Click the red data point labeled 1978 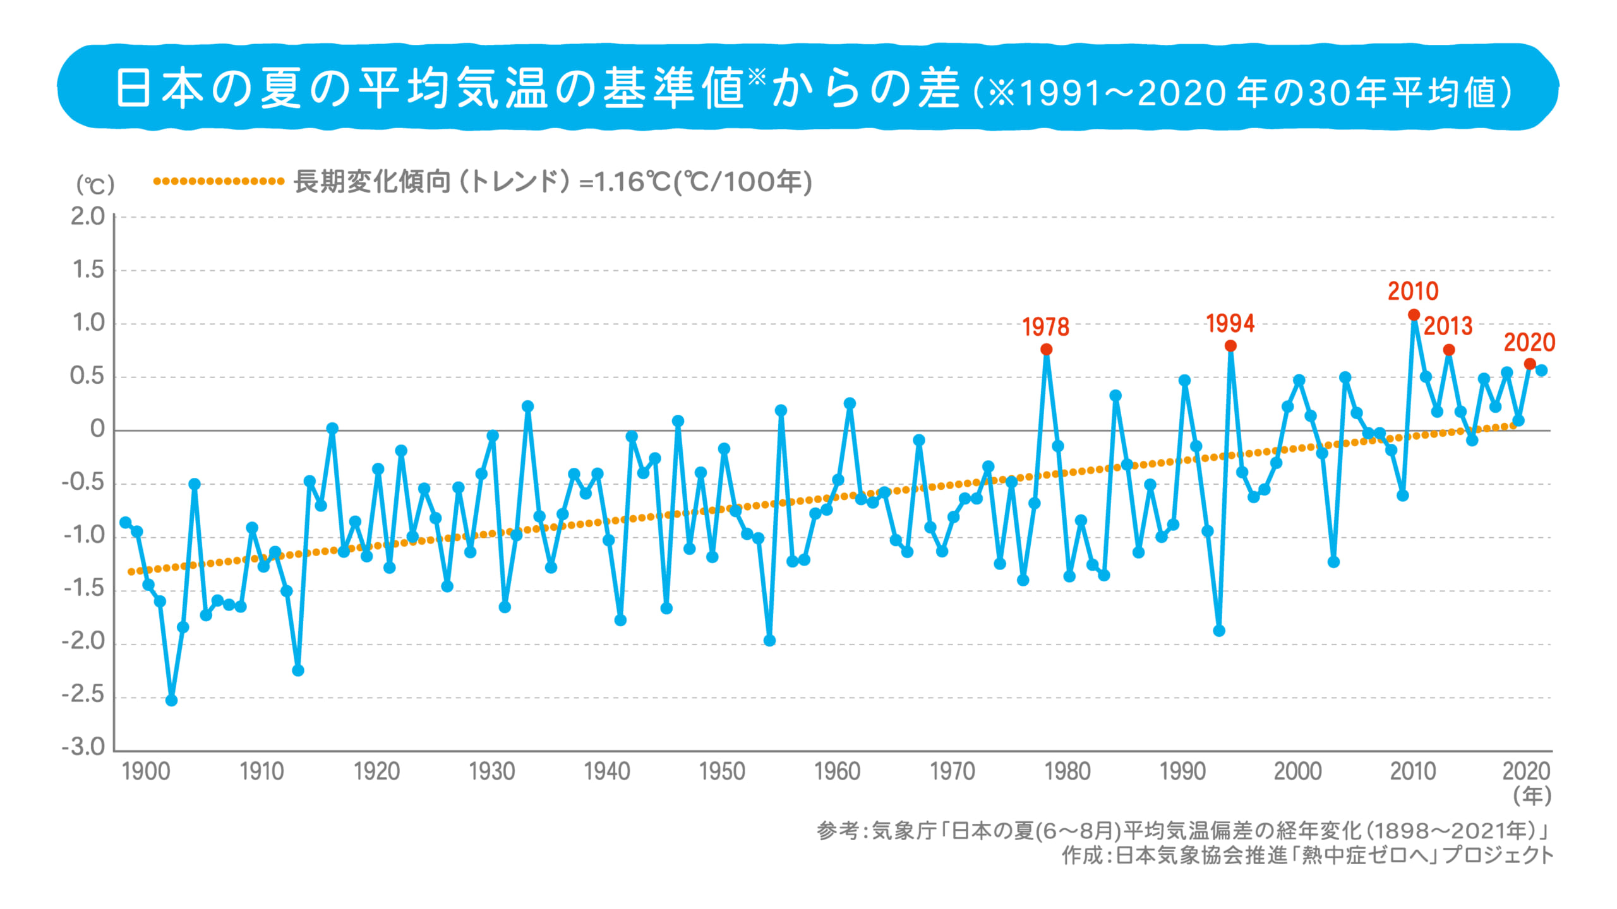coord(1046,349)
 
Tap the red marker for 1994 coord(1230,346)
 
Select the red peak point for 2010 coord(1414,314)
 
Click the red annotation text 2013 coord(1448,326)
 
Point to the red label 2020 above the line coord(1529,343)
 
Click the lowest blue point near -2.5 coord(171,700)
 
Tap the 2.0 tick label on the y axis coord(87,217)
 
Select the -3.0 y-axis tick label coord(83,747)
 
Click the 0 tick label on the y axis coord(97,429)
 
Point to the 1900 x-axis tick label coord(146,771)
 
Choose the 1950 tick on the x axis coord(722,771)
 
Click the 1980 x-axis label coord(1067,771)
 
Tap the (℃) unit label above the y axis coord(95,185)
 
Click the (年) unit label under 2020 coord(1532,795)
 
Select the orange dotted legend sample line coord(219,181)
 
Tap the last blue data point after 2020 coord(1541,371)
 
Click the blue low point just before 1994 coord(1219,631)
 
